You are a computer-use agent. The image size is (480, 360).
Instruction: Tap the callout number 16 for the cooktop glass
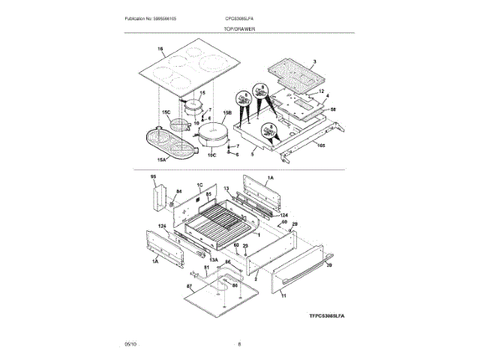(160, 50)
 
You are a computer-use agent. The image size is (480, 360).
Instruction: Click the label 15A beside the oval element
(162, 160)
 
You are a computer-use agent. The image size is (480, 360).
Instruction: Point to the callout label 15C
(166, 112)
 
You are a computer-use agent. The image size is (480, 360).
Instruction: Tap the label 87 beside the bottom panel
(189, 287)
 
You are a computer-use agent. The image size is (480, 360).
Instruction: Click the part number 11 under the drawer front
(283, 296)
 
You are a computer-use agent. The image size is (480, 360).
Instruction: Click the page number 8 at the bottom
(239, 344)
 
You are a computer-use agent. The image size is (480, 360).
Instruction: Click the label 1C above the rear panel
(200, 184)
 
